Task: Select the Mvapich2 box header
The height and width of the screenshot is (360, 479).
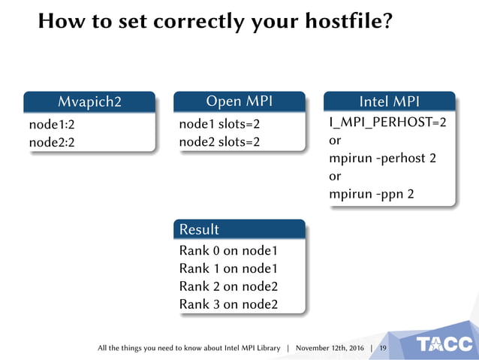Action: [89, 101]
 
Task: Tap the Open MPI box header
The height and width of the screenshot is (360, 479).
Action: [239, 101]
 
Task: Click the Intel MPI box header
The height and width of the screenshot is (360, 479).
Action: [389, 101]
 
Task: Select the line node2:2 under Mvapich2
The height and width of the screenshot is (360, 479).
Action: [53, 142]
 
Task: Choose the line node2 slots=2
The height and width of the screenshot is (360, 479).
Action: [219, 142]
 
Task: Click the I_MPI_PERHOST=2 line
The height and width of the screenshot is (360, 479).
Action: [387, 123]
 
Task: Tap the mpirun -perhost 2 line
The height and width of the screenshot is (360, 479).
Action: [382, 159]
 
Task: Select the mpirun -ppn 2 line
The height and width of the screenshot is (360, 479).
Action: [371, 195]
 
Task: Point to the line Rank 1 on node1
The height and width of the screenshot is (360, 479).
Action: [228, 268]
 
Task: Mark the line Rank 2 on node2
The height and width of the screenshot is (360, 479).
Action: [228, 286]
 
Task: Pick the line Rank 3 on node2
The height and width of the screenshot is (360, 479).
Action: [228, 304]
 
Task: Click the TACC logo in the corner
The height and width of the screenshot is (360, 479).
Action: [445, 344]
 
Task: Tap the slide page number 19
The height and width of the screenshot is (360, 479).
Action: [383, 349]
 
